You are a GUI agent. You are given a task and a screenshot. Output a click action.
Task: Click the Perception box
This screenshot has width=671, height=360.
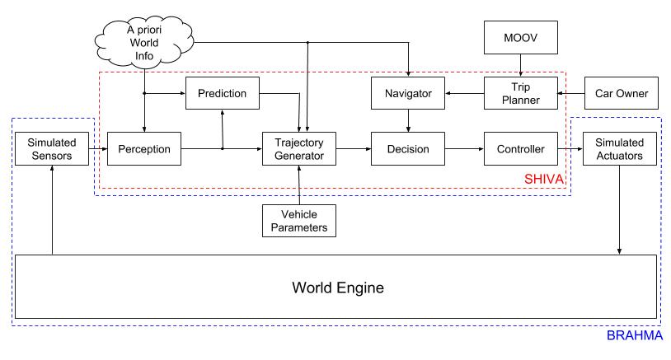[144, 149]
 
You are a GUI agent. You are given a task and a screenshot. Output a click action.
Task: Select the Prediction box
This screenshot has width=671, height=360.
[222, 93]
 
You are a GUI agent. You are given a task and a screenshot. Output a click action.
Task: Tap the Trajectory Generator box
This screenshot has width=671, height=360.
[299, 148]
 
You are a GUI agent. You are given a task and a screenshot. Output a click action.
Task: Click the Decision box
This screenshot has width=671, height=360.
[408, 149]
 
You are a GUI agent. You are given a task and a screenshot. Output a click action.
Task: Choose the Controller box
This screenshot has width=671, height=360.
[520, 149]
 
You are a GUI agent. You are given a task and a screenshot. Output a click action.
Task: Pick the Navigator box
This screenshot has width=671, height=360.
[408, 94]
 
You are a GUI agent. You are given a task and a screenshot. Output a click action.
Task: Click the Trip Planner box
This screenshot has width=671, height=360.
[520, 93]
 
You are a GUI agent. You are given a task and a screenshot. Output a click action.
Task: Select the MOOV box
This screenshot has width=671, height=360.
[520, 38]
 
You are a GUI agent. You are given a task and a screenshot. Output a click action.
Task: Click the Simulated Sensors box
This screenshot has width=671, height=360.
[52, 148]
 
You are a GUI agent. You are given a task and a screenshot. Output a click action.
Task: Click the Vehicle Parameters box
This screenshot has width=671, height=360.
[299, 220]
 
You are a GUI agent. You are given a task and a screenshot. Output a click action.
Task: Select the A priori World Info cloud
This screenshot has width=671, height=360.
[144, 41]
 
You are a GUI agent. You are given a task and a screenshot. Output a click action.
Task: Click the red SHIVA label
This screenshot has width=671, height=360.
[543, 179]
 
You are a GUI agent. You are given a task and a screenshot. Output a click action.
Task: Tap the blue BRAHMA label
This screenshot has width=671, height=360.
[634, 336]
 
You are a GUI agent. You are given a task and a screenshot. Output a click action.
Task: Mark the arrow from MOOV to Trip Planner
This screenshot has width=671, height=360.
[520, 64]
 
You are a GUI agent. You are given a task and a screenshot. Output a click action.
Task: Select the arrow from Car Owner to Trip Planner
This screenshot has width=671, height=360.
[570, 94]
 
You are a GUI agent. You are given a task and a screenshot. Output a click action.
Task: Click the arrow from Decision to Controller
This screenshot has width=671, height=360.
[464, 149]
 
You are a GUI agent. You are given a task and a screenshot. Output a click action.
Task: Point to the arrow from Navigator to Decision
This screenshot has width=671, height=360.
[408, 121]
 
